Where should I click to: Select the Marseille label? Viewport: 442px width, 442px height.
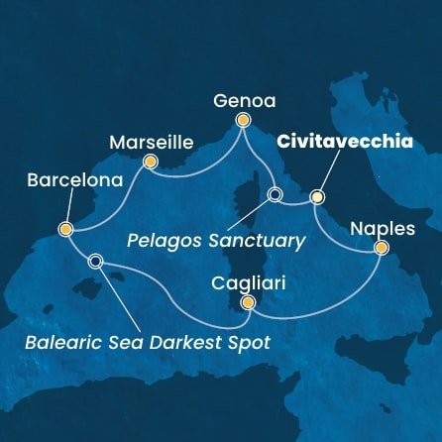click(x=148, y=140)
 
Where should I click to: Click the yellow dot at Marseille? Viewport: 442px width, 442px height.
click(x=150, y=161)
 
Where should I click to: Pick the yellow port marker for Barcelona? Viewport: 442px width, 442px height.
click(x=65, y=230)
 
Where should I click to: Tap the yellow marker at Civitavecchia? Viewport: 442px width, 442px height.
click(x=317, y=196)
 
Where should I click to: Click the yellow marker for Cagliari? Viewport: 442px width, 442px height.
click(x=248, y=303)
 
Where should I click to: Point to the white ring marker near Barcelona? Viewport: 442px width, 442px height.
click(x=95, y=262)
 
